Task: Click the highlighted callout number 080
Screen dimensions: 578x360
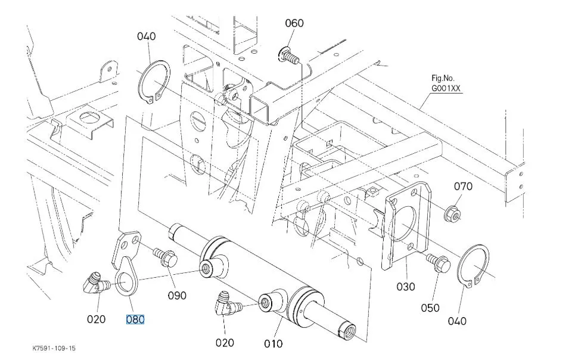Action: click(135, 319)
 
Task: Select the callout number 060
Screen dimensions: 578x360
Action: click(294, 23)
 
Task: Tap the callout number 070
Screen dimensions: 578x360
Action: click(463, 187)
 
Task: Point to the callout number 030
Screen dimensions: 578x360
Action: click(406, 287)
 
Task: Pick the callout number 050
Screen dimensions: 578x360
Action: click(430, 308)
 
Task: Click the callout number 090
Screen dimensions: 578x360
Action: click(177, 296)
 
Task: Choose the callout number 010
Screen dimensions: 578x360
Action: click(273, 344)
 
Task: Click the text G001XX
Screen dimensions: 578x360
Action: click(446, 89)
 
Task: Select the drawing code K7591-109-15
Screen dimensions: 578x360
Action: click(54, 348)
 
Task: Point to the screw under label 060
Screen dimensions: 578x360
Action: click(288, 55)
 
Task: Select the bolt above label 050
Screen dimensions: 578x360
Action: click(439, 263)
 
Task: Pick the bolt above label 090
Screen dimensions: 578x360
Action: click(166, 257)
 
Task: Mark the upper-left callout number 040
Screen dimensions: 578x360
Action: click(147, 36)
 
